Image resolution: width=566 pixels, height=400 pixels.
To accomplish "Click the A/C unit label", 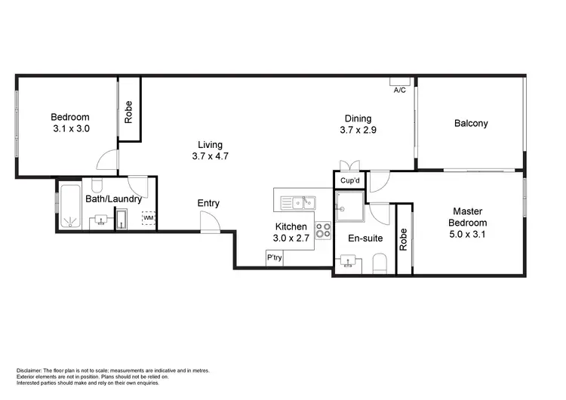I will coord(400,90).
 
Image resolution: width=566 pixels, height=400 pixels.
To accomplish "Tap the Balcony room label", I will coord(471,123).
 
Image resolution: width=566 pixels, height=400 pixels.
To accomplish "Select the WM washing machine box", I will coord(149,218).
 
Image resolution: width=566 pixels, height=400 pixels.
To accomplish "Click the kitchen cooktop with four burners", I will coord(324,229).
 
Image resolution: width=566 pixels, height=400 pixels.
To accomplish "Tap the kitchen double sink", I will coord(300,202).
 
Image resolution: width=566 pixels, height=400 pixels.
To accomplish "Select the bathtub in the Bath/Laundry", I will coord(72,206).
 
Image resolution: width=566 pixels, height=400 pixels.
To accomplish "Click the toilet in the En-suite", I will coord(380,264).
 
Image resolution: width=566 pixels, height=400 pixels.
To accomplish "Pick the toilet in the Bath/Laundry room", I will coord(97,186).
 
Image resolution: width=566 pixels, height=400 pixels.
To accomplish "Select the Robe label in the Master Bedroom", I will coord(403,239).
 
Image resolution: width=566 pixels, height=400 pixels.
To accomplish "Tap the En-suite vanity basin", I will coord(348,262).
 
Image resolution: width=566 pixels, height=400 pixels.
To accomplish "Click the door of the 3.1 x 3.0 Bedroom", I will coord(108,160).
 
